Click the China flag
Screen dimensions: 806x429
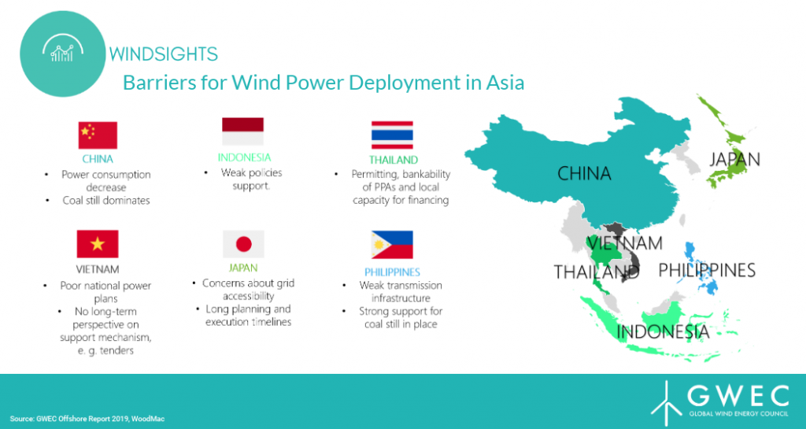pyautogui.click(x=98, y=135)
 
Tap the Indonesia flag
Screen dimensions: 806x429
pyautogui.click(x=242, y=131)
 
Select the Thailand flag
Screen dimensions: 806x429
pyautogui.click(x=392, y=135)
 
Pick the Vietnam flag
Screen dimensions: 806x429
pyautogui.click(x=98, y=244)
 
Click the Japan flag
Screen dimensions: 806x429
pyautogui.click(x=244, y=244)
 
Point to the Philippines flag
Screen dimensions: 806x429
pyautogui.click(x=392, y=245)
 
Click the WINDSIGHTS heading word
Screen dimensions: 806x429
pyautogui.click(x=164, y=54)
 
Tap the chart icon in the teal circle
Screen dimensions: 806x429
pyautogui.click(x=63, y=48)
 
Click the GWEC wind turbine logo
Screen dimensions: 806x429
pyautogui.click(x=667, y=405)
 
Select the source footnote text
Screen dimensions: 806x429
pyautogui.click(x=87, y=419)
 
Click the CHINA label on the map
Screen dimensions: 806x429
pyautogui.click(x=585, y=174)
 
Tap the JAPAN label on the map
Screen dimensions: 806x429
pyautogui.click(x=734, y=159)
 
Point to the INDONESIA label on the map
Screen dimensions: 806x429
pyautogui.click(x=663, y=332)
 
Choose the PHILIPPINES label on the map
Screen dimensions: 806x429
pyautogui.click(x=707, y=270)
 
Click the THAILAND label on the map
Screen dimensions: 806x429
pyautogui.click(x=597, y=272)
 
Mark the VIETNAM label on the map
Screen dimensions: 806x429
pyautogui.click(x=624, y=243)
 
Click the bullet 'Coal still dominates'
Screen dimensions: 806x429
pyautogui.click(x=106, y=201)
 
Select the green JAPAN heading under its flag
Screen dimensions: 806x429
pyautogui.click(x=243, y=268)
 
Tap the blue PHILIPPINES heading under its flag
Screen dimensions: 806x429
pyautogui.click(x=392, y=272)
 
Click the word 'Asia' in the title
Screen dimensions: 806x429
pyautogui.click(x=505, y=83)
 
